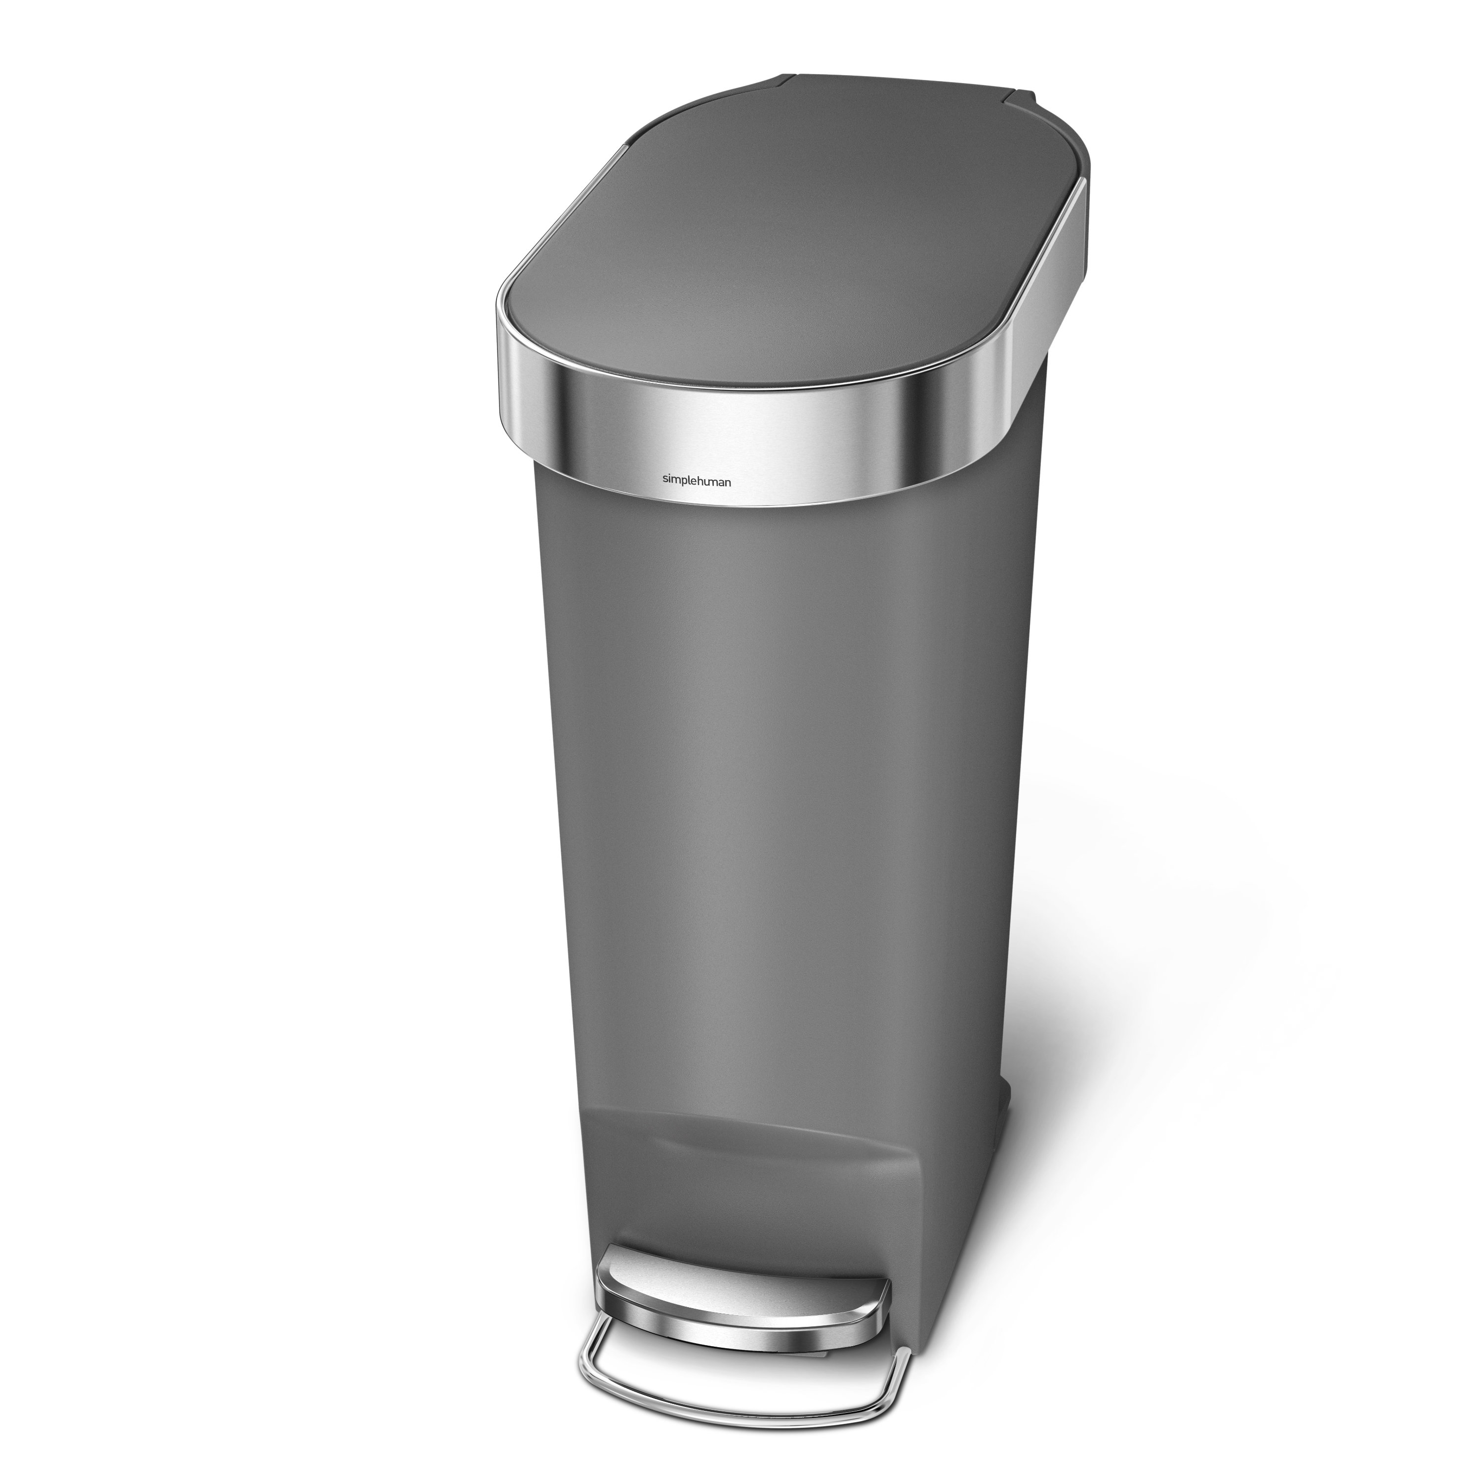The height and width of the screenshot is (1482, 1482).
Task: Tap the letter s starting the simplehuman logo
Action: pyautogui.click(x=664, y=479)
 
